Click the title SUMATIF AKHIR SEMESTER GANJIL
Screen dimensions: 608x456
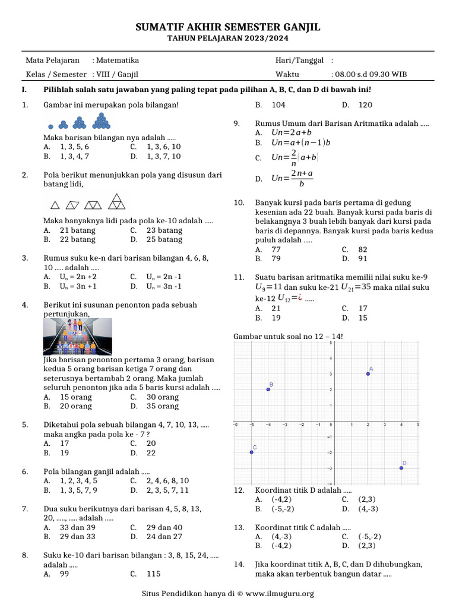228,27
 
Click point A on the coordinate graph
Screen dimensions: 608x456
368,374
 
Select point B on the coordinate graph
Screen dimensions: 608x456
268,389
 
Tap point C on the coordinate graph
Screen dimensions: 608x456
252,452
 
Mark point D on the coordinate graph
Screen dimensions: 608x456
401,468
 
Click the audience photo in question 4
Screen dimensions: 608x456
78,337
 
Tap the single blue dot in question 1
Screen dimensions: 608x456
50,126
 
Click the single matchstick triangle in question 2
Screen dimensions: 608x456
55,205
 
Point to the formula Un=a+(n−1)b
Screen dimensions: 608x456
301,143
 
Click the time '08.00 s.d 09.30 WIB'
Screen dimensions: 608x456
370,75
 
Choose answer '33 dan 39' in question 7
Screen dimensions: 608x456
78,527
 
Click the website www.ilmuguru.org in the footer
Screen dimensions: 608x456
280,593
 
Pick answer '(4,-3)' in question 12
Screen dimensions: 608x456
368,509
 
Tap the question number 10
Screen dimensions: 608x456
239,202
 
